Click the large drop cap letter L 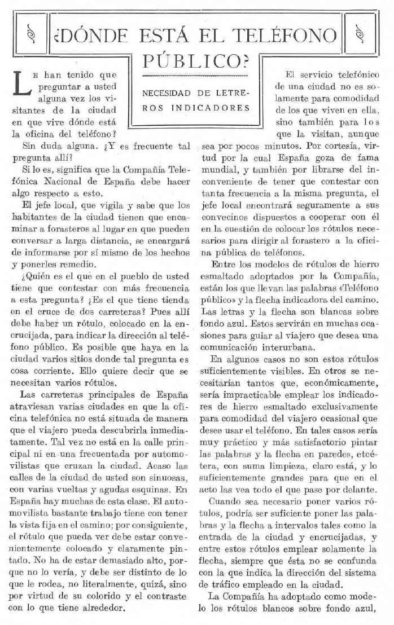[21, 83]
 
